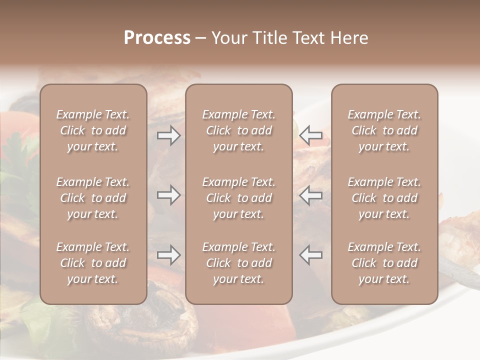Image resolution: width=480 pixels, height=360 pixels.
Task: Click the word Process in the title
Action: pyautogui.click(x=157, y=38)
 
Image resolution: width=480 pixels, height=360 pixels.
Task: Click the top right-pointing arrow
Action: pyautogui.click(x=168, y=135)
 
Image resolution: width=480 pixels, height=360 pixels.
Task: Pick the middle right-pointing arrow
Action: pyautogui.click(x=168, y=195)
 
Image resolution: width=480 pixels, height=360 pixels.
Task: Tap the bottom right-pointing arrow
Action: pyautogui.click(x=168, y=255)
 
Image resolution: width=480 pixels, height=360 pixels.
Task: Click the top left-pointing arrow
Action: pyautogui.click(x=311, y=135)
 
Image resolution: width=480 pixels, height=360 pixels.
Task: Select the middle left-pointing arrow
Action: pyautogui.click(x=311, y=195)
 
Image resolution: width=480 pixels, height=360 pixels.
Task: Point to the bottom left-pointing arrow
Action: pyautogui.click(x=311, y=255)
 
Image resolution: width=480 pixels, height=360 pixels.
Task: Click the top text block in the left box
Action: pyautogui.click(x=93, y=130)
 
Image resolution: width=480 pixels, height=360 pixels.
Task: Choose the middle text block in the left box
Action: pyautogui.click(x=93, y=198)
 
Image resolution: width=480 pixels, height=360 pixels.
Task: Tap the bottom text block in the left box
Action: pyautogui.click(x=93, y=263)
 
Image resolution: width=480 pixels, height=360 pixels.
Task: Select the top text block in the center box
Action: pyautogui.click(x=238, y=130)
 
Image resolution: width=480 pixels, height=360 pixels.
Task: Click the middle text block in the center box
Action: pyautogui.click(x=238, y=198)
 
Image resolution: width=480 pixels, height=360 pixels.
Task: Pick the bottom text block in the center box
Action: pyautogui.click(x=238, y=263)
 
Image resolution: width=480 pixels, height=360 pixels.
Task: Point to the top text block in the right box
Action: pyautogui.click(x=384, y=130)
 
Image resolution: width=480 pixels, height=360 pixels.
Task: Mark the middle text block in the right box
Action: pyautogui.click(x=384, y=198)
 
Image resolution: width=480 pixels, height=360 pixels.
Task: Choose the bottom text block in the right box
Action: pyautogui.click(x=384, y=263)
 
